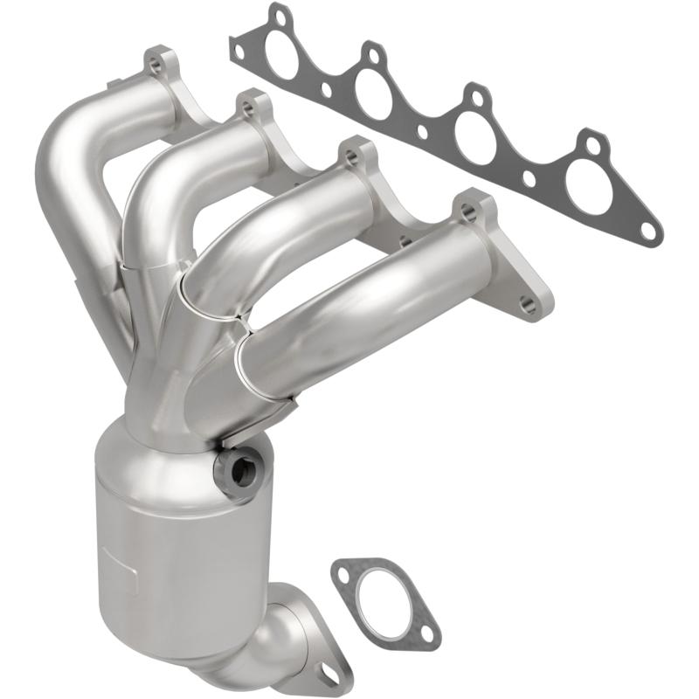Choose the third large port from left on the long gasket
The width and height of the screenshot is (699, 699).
475,132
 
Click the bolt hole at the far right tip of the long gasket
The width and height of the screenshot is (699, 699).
647,230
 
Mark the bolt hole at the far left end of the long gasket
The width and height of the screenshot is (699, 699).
237,51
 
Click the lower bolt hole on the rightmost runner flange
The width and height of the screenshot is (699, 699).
527,304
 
